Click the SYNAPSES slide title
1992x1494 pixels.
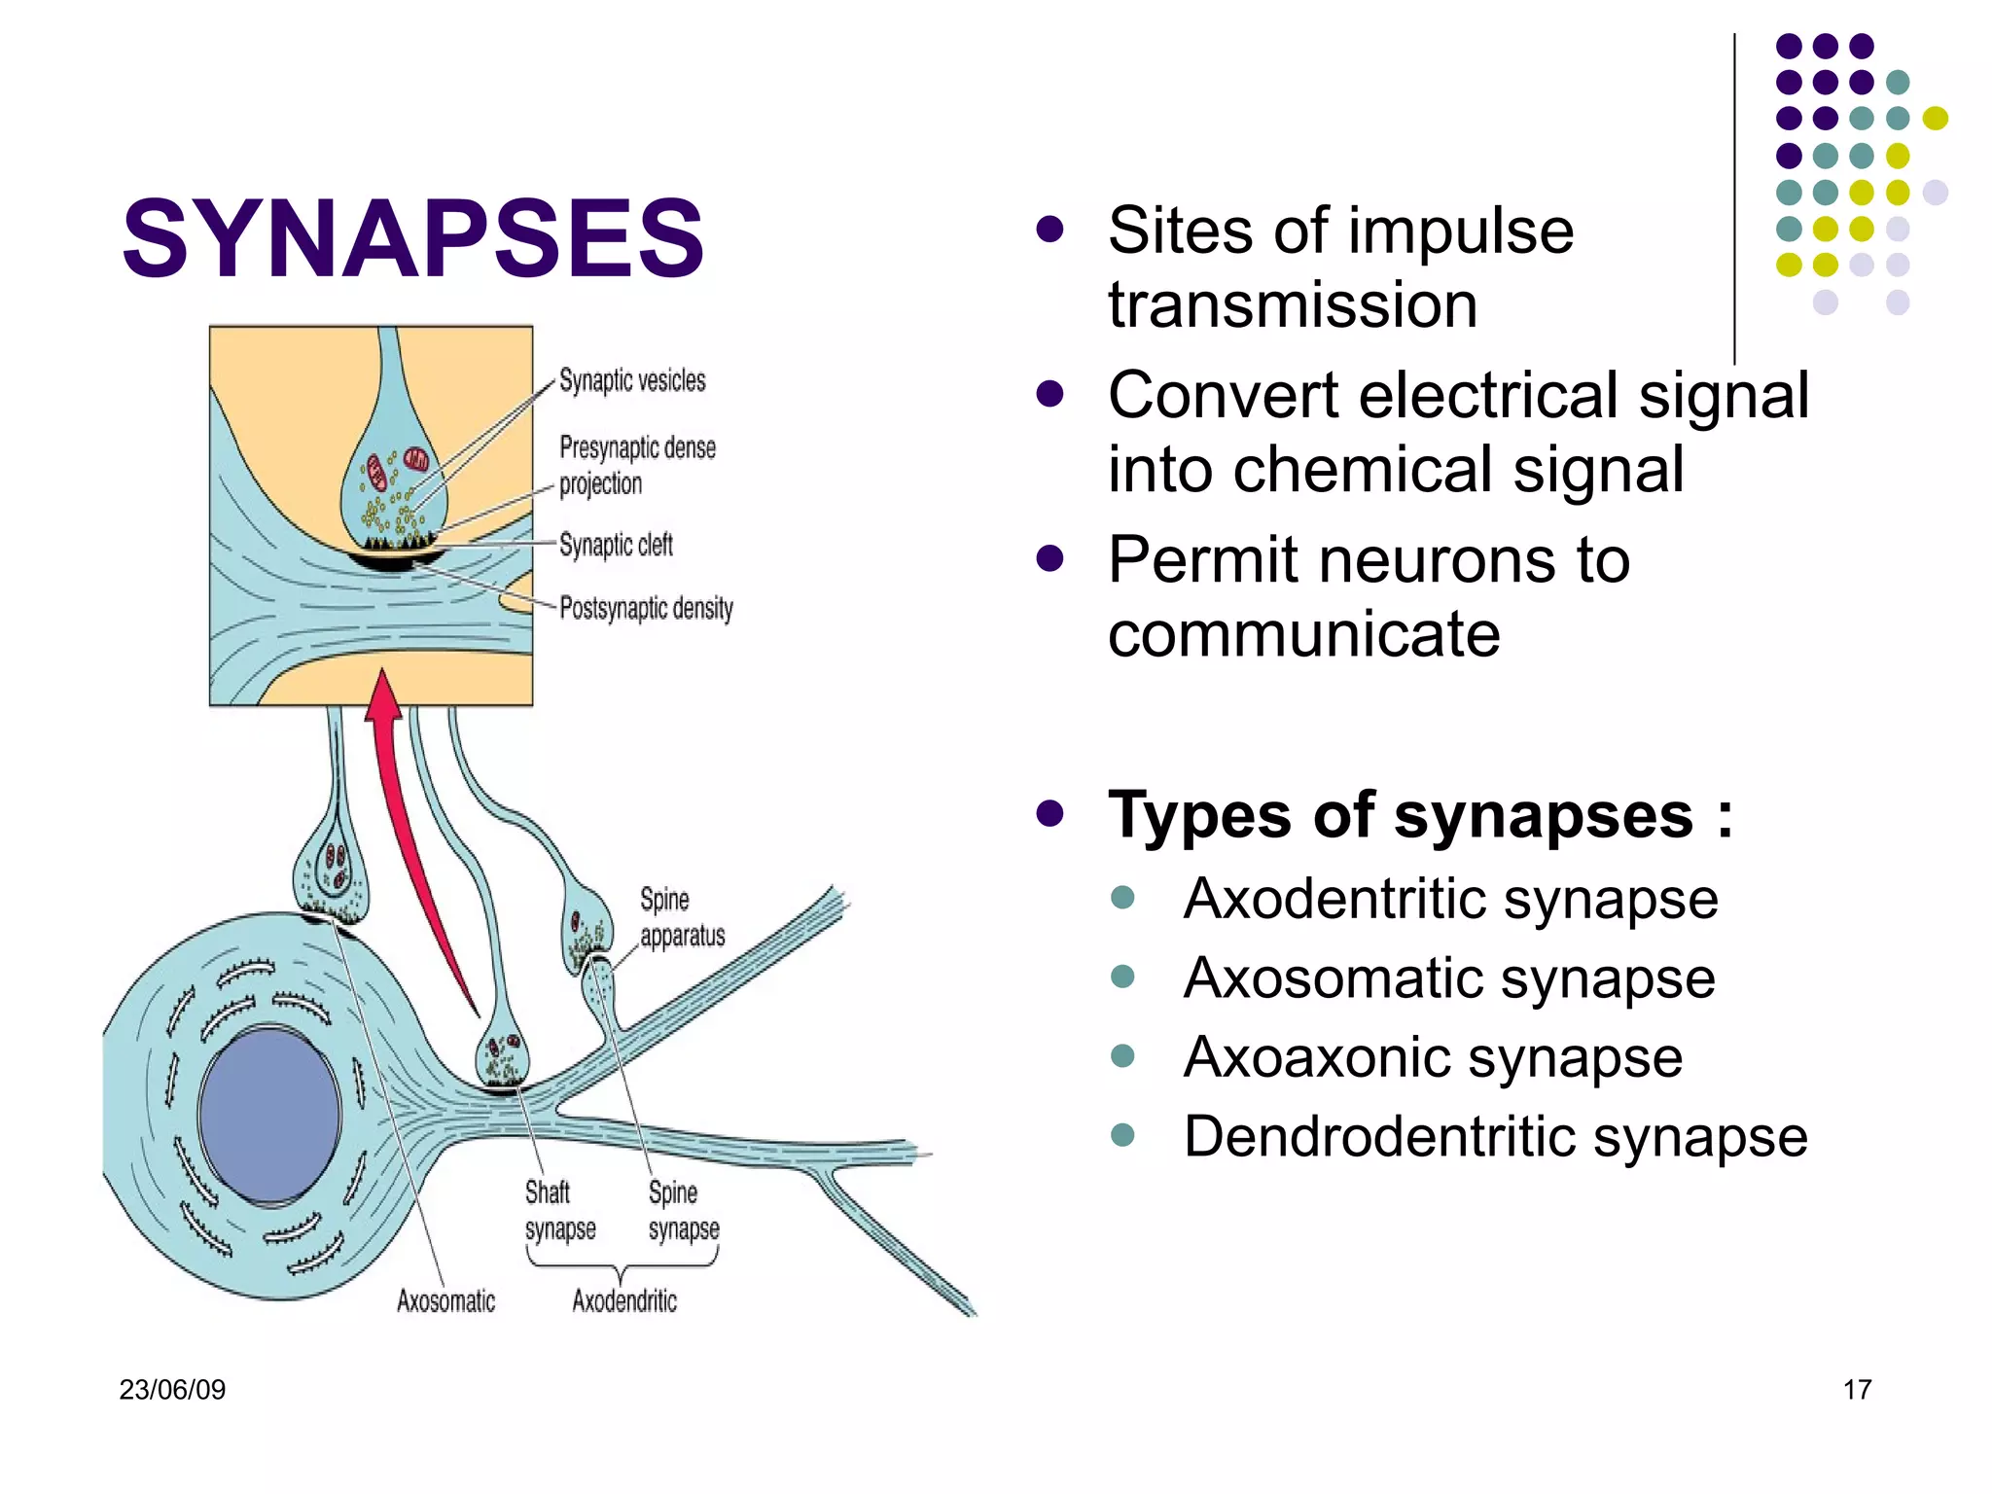click(x=412, y=238)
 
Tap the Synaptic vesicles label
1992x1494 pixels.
click(x=632, y=380)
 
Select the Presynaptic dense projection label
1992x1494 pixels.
click(x=636, y=465)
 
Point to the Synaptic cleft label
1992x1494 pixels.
click(x=616, y=545)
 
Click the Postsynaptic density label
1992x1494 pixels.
click(x=646, y=609)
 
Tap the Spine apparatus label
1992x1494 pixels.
click(x=681, y=917)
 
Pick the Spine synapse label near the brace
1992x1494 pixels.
click(x=683, y=1210)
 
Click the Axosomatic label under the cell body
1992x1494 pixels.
click(x=445, y=1300)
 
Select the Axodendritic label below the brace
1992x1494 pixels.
click(x=623, y=1300)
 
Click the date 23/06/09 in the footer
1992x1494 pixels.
click(x=172, y=1389)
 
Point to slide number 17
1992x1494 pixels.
click(x=1857, y=1389)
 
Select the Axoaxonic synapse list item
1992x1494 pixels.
click(x=1432, y=1057)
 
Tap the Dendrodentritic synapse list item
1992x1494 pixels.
click(x=1495, y=1136)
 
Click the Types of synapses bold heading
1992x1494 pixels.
click(x=1419, y=814)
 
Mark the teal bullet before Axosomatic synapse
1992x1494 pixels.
click(x=1122, y=977)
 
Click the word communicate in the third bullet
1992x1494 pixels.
click(x=1303, y=634)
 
